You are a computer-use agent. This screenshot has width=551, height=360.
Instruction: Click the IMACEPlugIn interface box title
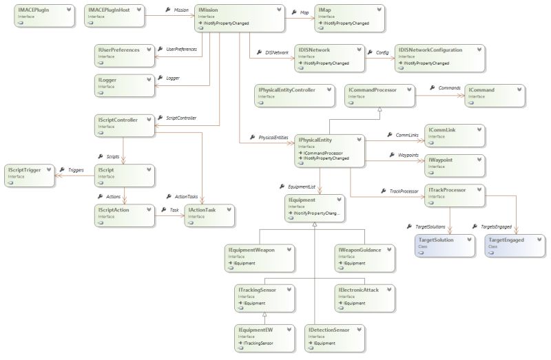(x=32, y=10)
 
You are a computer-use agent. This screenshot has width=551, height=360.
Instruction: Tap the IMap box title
(x=326, y=10)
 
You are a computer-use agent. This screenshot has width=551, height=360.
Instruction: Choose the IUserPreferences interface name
(x=119, y=50)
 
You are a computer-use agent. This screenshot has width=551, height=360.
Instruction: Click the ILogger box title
(x=107, y=80)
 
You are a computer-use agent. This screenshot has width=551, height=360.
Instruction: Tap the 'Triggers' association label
(x=76, y=169)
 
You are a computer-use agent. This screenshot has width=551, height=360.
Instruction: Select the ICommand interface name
(x=481, y=89)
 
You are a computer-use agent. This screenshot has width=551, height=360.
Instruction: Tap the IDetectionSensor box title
(x=329, y=330)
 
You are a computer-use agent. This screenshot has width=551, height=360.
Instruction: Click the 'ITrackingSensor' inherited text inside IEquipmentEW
(x=257, y=343)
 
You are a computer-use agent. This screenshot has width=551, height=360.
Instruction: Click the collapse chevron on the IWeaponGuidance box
(x=387, y=249)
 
